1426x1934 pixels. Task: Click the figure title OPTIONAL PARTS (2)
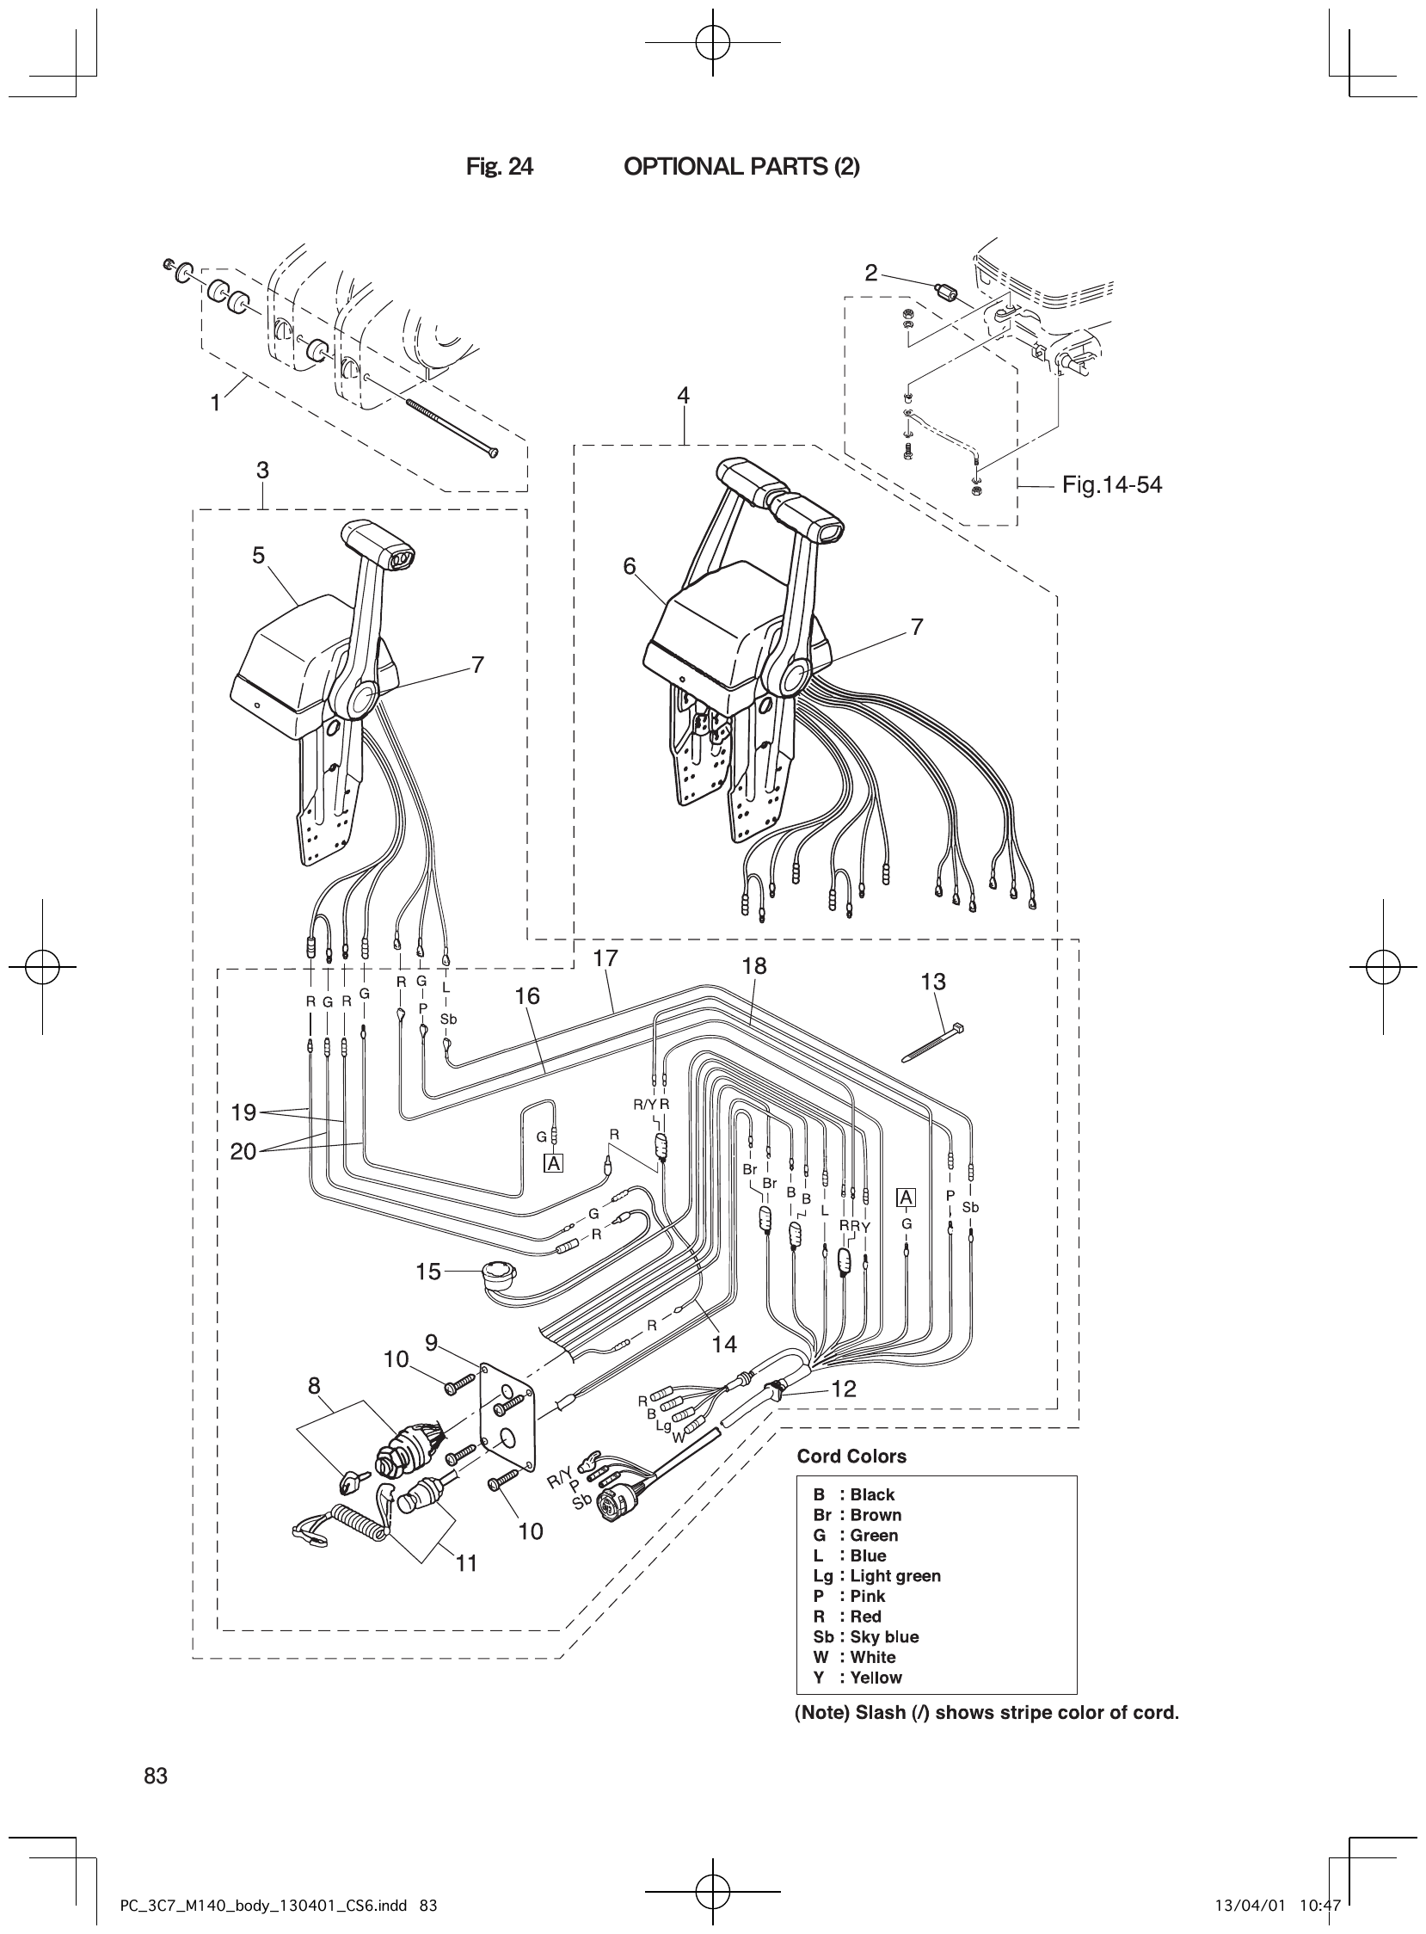[741, 167]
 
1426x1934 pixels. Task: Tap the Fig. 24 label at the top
[499, 167]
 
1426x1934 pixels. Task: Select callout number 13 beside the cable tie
[933, 982]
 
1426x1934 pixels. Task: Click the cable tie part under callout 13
[932, 1043]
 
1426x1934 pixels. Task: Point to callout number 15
[428, 1272]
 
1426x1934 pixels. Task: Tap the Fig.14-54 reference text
[1112, 485]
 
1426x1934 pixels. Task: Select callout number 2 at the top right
[871, 274]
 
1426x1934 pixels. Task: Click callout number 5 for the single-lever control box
[259, 555]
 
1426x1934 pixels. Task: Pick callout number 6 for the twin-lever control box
[630, 566]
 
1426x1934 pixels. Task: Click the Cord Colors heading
[851, 1457]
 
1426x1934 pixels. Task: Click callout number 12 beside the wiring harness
[844, 1389]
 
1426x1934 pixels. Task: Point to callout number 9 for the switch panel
[432, 1343]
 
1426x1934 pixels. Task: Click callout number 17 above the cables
[606, 958]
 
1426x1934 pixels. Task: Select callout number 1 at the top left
[216, 403]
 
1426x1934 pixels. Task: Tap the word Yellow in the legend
[876, 1678]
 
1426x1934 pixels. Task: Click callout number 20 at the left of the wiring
[243, 1152]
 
